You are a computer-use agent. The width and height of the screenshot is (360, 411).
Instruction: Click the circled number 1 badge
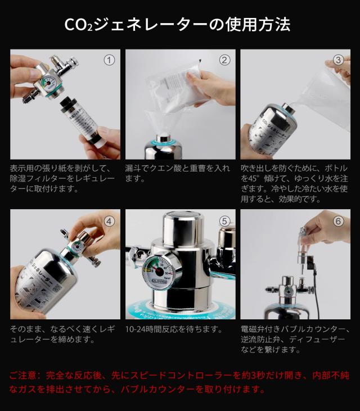110,60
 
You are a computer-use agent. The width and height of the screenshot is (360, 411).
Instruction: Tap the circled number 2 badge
224,60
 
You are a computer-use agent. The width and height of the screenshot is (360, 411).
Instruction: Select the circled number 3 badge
339,60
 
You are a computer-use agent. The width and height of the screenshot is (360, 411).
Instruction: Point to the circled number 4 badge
110,220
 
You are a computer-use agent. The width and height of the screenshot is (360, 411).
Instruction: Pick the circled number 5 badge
224,220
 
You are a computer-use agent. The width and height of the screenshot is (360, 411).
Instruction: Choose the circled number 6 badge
339,220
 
